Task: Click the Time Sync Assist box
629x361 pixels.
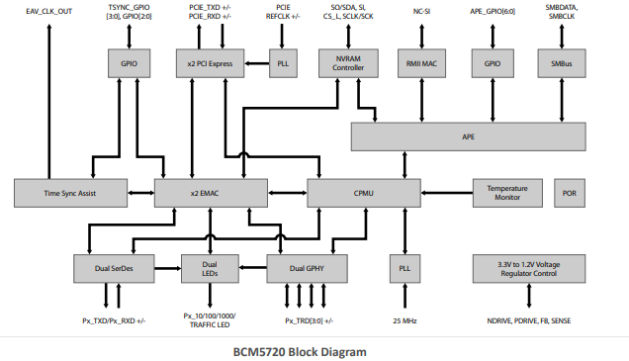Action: coord(69,193)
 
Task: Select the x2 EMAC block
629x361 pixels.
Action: coord(204,193)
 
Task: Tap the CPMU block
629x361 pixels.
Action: coord(363,193)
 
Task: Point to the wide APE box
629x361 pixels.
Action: coord(469,136)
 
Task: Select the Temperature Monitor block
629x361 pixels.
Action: coord(507,193)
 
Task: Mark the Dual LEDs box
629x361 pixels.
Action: coord(210,267)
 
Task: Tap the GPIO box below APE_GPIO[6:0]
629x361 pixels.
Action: coord(492,64)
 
